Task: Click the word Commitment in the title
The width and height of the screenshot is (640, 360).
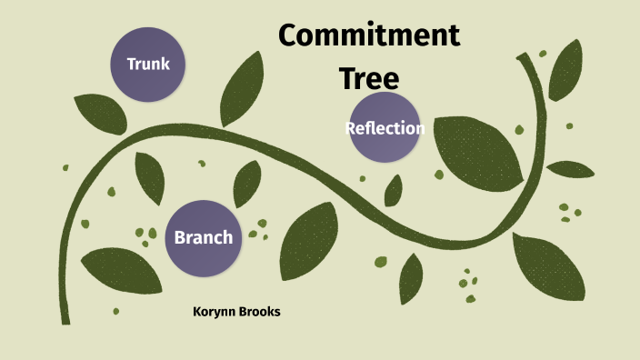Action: pos(368,36)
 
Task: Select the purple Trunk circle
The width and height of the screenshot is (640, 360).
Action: pos(149,64)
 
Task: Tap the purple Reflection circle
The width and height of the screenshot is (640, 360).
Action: pos(385,128)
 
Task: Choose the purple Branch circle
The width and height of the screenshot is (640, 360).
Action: pos(203,237)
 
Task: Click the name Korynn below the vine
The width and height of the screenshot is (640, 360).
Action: pos(214,312)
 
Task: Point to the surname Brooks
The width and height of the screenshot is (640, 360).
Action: pos(258,312)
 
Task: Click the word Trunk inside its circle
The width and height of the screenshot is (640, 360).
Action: pos(149,64)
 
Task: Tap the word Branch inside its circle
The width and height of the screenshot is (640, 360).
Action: pos(203,237)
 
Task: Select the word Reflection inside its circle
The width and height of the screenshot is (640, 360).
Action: pos(385,128)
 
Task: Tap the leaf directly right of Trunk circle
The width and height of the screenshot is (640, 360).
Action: pos(238,89)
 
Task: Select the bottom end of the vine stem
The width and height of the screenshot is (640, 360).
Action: pos(65,318)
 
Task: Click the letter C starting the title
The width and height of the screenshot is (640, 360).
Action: pos(289,36)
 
